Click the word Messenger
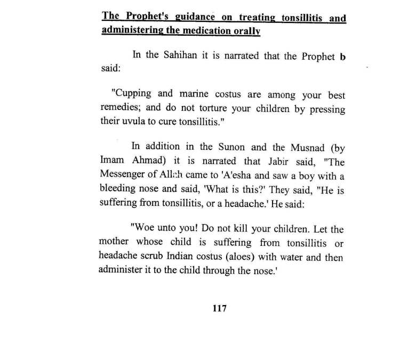(x=123, y=173)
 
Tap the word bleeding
(x=118, y=186)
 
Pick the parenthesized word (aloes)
(x=240, y=257)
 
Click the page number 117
(x=219, y=308)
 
